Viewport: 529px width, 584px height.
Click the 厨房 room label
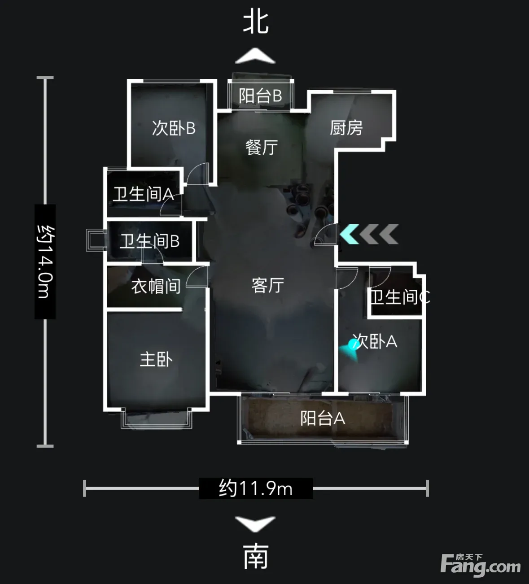[x=346, y=128]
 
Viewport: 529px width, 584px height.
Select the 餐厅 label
[x=261, y=147]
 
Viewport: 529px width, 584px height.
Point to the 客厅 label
[x=268, y=285]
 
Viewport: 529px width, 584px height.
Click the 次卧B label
[x=174, y=128]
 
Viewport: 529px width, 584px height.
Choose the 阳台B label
[x=260, y=96]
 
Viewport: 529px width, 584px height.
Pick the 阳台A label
[x=323, y=418]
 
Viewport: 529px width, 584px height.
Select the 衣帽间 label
[x=156, y=287]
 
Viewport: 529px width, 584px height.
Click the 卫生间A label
[x=144, y=194]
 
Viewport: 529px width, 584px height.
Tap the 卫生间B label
[x=150, y=241]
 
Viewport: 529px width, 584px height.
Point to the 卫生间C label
[x=400, y=297]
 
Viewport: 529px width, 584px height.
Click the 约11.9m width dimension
[x=256, y=489]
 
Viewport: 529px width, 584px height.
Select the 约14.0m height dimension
[x=45, y=261]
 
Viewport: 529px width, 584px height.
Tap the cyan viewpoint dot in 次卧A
[x=354, y=344]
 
